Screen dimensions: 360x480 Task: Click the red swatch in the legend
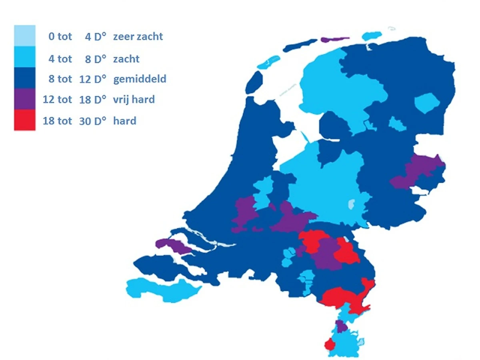pos(24,120)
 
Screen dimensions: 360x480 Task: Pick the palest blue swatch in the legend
pos(24,35)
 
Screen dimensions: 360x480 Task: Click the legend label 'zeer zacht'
pos(138,37)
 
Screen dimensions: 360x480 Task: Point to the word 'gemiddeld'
pos(140,79)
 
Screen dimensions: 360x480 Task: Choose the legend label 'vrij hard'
pos(134,99)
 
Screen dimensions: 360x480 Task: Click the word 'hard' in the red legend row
pos(125,120)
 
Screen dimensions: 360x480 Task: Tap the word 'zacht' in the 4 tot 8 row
pos(126,59)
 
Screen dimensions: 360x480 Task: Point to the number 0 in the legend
pos(51,37)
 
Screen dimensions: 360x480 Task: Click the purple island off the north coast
pos(334,40)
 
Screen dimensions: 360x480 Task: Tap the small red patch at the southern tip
pos(329,344)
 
